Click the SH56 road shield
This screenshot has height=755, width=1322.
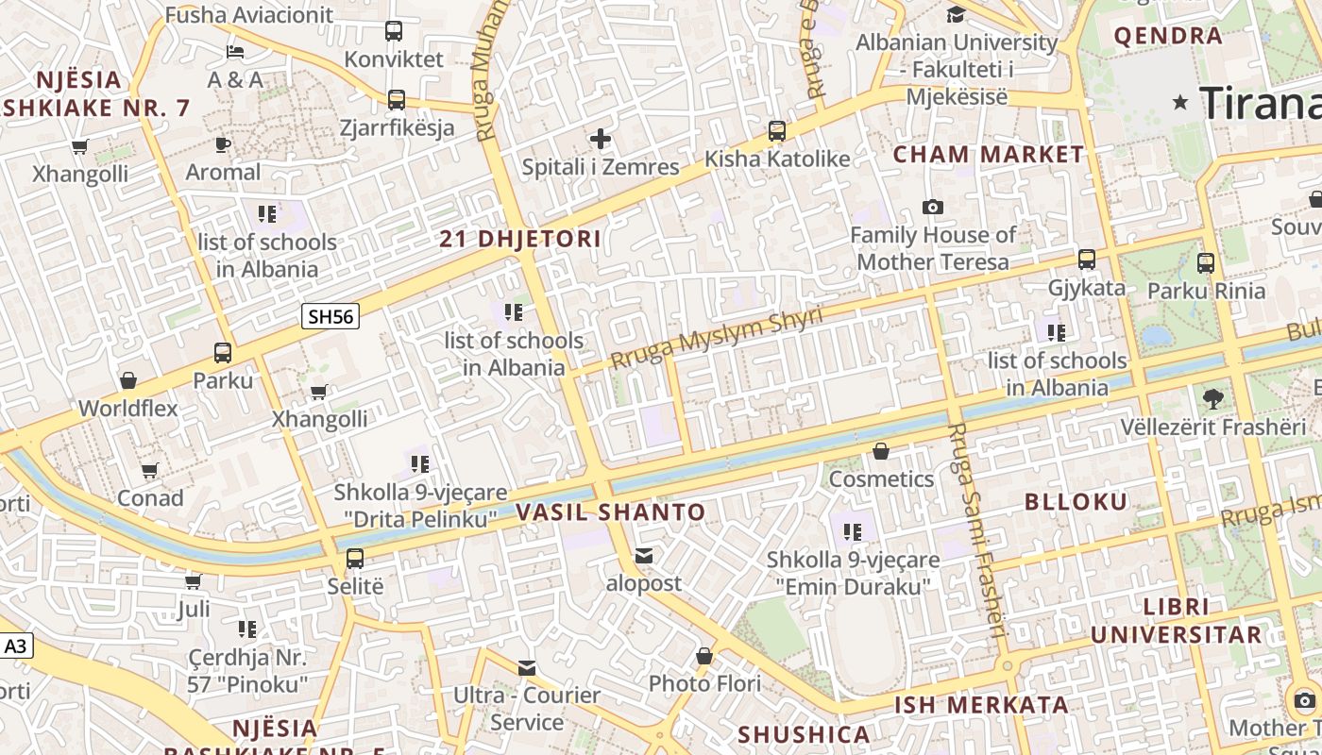[x=330, y=316]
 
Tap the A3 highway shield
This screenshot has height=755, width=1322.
[x=16, y=646]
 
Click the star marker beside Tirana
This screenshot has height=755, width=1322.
[x=1180, y=102]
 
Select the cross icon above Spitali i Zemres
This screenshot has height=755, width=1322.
[x=601, y=140]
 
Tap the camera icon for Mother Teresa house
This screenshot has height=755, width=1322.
[x=933, y=207]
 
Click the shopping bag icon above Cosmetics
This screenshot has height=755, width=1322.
[x=881, y=452]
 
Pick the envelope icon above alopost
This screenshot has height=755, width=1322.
[x=644, y=556]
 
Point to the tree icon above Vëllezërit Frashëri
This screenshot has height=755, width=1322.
[x=1213, y=399]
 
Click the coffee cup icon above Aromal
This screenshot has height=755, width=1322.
[x=223, y=144]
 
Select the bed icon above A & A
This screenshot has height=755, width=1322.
[x=235, y=51]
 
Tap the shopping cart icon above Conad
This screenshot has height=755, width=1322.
[x=150, y=470]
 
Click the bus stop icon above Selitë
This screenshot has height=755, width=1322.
[x=355, y=558]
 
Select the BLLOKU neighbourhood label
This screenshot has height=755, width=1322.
[x=1076, y=502]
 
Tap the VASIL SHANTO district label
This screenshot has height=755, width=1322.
[x=610, y=512]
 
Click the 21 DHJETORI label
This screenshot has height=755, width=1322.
[x=520, y=239]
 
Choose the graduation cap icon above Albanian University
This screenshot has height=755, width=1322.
[x=956, y=14]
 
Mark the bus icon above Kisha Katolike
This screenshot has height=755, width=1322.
[x=777, y=131]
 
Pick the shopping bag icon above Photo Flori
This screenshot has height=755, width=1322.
[x=704, y=655]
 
